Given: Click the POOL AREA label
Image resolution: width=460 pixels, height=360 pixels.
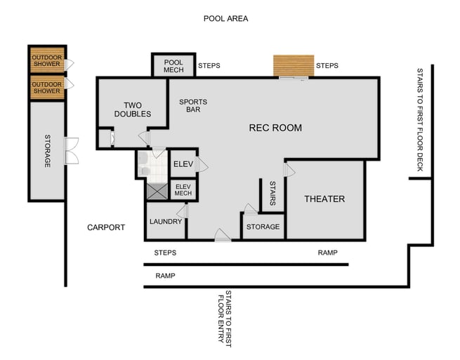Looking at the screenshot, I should point(225,18).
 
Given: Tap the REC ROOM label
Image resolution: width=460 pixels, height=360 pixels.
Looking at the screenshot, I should point(275,128).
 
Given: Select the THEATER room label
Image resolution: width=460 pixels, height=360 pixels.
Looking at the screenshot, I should point(324,199).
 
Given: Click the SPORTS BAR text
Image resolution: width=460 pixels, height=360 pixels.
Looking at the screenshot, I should point(193,106).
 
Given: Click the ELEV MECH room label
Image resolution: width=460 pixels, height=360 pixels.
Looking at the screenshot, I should point(183,189).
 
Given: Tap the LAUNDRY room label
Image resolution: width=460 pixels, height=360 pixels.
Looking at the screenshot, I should point(165,222).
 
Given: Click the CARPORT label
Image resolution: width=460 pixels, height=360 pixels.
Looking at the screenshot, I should point(106,227).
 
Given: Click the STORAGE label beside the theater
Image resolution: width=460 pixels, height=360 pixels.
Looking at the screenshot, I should point(263,227).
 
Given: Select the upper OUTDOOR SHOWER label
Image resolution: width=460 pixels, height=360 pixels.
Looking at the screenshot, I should point(47,60).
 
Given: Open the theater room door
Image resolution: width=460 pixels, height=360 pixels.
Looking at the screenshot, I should point(287,169).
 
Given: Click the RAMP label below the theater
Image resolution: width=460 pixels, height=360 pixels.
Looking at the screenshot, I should point(327,253).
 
